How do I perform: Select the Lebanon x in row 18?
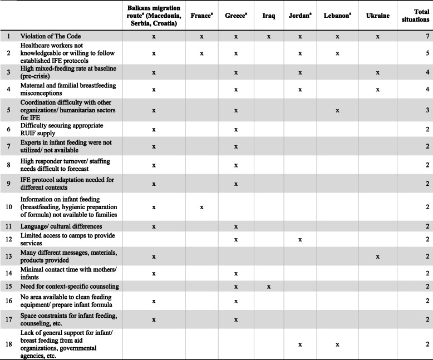click(337, 345)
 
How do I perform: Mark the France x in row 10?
click(201, 207)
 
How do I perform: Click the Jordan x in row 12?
click(299, 240)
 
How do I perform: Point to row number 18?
click(8, 345)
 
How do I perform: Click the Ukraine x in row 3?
click(377, 73)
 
